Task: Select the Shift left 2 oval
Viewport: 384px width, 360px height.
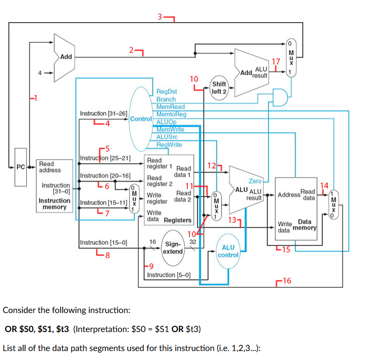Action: pos(219,88)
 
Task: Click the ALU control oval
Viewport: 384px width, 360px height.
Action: pos(228,251)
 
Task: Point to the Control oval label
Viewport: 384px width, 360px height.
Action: pos(141,119)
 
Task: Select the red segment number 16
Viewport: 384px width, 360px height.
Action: pos(287,280)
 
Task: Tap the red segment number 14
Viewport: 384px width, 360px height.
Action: pos(324,185)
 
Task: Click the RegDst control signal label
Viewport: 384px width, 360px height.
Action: pos(167,92)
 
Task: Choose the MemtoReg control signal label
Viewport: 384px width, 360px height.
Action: pos(171,114)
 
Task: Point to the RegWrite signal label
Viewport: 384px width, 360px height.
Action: pos(169,145)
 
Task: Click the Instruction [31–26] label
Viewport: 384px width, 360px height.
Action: pos(103,114)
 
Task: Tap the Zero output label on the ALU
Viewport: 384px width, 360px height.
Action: pos(255,181)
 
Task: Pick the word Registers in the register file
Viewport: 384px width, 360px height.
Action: pos(178,220)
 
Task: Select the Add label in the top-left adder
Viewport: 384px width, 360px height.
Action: pos(66,56)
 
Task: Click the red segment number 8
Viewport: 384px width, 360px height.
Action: pos(107,255)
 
